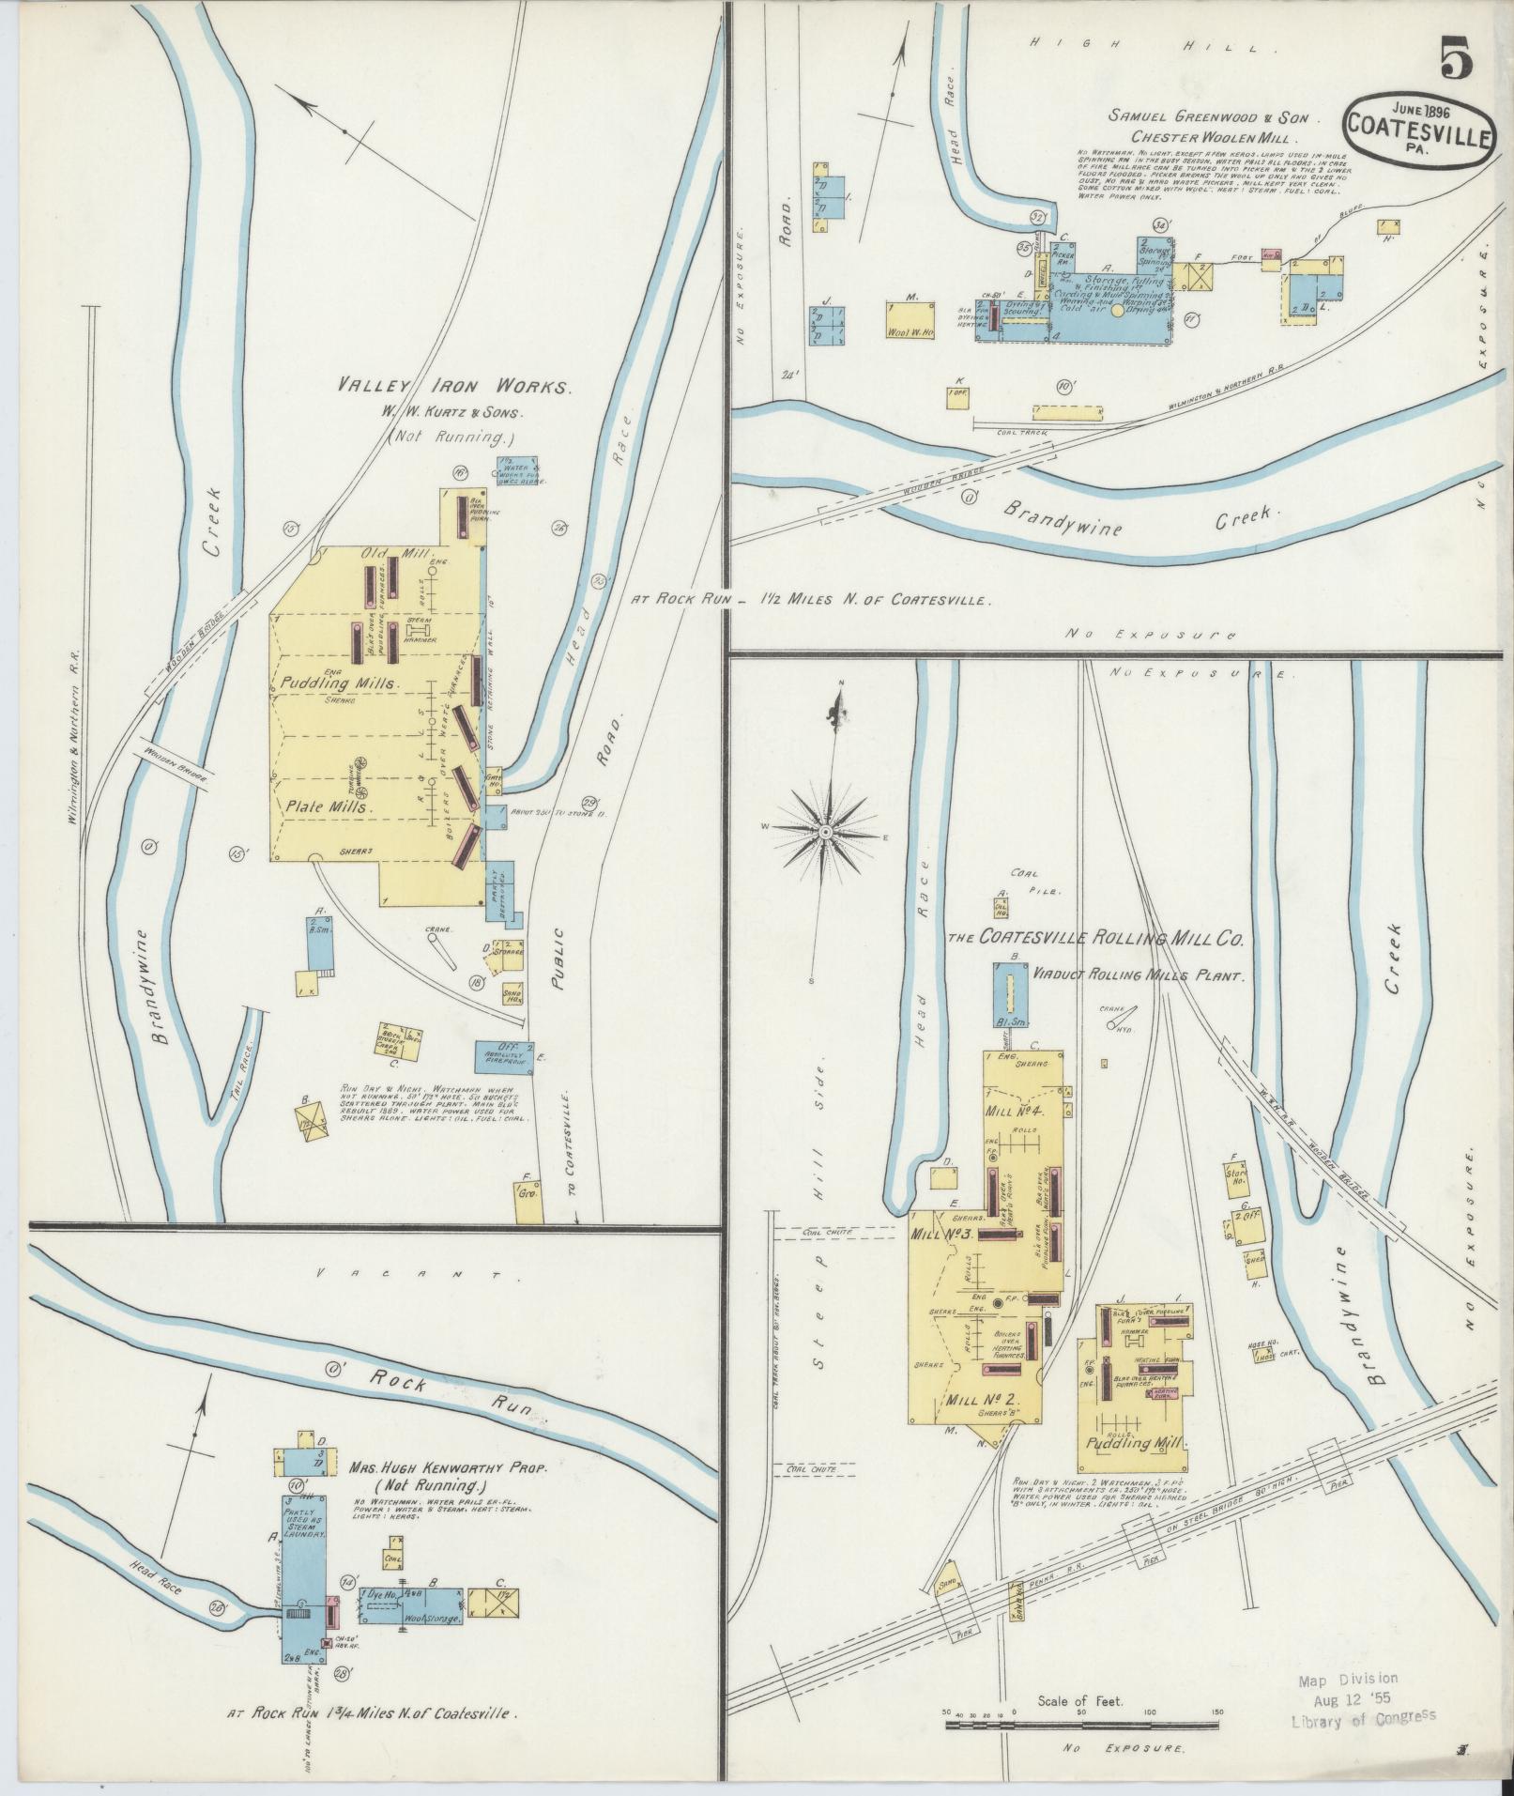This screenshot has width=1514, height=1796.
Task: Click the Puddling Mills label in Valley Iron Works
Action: pyautogui.click(x=341, y=683)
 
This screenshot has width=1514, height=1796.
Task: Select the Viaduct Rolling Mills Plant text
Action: pyautogui.click(x=1137, y=975)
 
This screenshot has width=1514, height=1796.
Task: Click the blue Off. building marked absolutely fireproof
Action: pyautogui.click(x=503, y=1054)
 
